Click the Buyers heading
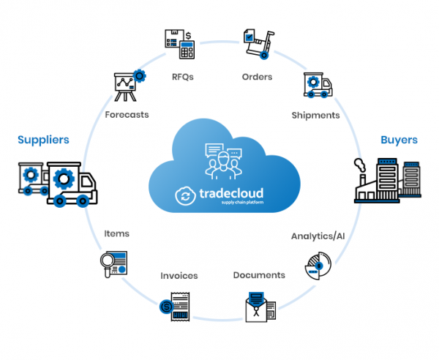[399, 139]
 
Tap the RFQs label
[183, 77]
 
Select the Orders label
[257, 77]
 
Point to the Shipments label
[315, 115]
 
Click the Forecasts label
[127, 115]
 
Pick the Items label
[116, 233]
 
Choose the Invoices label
[180, 276]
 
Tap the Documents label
[259, 275]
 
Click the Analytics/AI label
[319, 236]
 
